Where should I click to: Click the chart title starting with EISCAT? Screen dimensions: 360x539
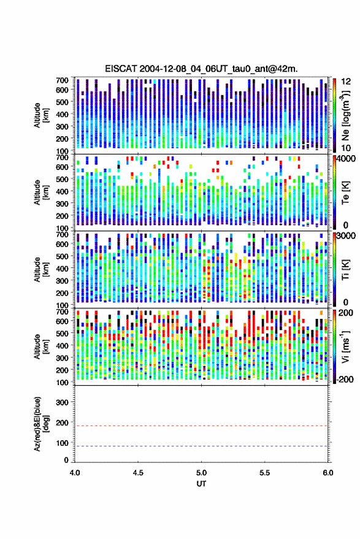(201, 69)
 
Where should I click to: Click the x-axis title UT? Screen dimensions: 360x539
(201, 484)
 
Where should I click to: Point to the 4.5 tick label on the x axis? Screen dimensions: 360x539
(138, 473)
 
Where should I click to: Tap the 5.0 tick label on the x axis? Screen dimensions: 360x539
(201, 473)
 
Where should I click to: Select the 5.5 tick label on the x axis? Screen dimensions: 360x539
(264, 473)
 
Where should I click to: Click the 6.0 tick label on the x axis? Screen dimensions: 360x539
(327, 473)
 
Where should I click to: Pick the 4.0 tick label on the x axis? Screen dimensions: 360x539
(75, 473)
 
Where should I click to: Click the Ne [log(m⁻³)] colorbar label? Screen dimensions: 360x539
(345, 115)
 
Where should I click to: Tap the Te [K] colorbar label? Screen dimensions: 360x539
(345, 193)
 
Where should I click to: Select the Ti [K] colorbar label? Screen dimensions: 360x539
(345, 270)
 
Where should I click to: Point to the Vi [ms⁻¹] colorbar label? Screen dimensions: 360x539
(345, 346)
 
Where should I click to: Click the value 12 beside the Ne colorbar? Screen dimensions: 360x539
(346, 82)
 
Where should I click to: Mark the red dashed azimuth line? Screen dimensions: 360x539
(201, 426)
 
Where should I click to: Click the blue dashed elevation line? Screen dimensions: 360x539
(201, 446)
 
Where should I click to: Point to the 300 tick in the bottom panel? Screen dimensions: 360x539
(62, 402)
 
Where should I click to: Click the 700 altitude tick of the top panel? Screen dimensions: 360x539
(62, 80)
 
